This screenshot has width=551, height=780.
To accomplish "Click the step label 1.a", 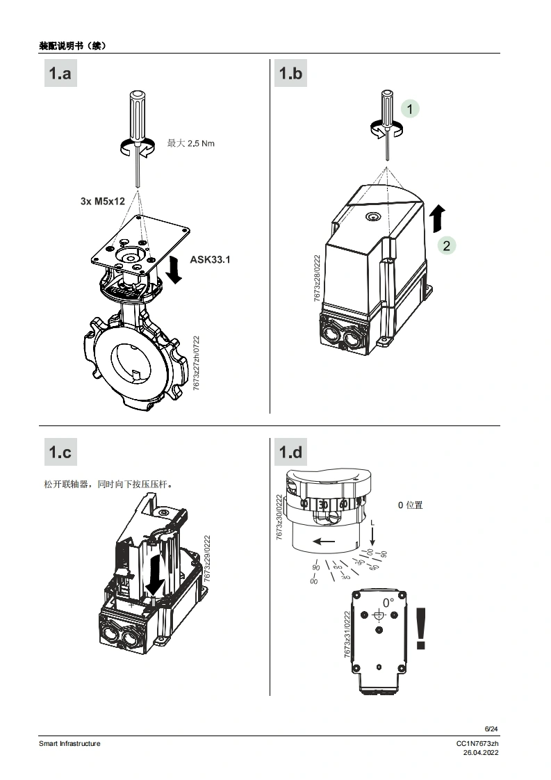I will (60, 73).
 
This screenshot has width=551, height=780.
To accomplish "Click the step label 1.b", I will (291, 73).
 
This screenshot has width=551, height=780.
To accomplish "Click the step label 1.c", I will (60, 453).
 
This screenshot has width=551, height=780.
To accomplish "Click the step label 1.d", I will (291, 453).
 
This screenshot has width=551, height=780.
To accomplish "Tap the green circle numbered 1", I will (411, 109).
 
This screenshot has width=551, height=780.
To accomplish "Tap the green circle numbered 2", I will (447, 245).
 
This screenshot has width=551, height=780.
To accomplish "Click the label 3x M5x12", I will (102, 202).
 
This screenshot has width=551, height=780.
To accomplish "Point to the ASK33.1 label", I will (210, 259).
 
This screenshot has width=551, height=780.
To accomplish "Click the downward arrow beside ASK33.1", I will (174, 269).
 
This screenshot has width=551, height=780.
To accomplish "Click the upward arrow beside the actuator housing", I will (436, 218).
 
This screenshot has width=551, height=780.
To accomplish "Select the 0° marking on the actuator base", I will (388, 602).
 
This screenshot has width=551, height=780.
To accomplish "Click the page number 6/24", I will (491, 729).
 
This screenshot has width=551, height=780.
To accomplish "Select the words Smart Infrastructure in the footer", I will (69, 743).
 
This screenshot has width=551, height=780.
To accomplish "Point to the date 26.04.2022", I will (481, 752).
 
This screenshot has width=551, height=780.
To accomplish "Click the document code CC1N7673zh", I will (477, 744).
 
